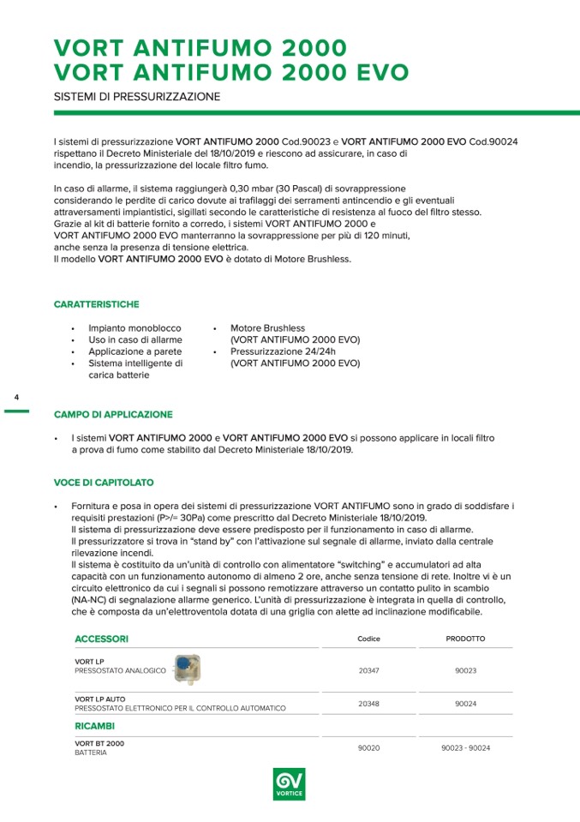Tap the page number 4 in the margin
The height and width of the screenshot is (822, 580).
tap(16, 398)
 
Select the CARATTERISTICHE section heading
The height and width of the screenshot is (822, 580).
tap(96, 304)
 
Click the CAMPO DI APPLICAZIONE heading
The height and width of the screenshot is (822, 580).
tap(113, 414)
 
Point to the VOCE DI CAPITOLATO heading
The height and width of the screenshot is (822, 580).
tap(104, 483)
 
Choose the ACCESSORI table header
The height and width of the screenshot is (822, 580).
tap(101, 639)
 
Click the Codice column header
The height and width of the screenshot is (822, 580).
tap(368, 639)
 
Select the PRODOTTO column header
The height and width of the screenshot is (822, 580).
tap(465, 639)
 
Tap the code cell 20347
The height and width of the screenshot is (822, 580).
tap(368, 670)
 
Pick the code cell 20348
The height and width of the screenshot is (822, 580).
tap(368, 703)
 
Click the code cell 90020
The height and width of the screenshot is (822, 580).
tap(368, 747)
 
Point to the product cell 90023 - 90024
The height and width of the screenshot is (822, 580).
tap(465, 747)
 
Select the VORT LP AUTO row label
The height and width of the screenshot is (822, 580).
tap(99, 699)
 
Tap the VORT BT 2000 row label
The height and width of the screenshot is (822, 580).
tap(99, 743)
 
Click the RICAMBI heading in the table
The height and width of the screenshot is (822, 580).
tap(94, 726)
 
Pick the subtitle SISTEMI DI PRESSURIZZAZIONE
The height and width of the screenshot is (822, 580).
tap(136, 97)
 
